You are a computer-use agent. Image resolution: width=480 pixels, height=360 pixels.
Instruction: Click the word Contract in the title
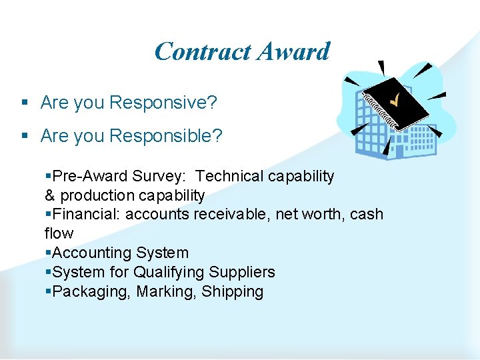202,51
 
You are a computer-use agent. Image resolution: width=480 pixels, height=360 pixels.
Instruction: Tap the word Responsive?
163,103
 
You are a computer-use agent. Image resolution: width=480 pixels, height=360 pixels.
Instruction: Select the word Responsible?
166,136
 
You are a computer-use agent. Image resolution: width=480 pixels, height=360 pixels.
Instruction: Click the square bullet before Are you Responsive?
24,103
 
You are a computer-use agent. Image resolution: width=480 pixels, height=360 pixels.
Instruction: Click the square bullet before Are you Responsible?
24,137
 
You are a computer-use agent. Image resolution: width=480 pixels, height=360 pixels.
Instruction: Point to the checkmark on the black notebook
395,101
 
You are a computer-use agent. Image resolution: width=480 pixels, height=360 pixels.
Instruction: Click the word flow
59,233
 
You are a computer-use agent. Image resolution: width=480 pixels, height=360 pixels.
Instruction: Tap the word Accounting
91,253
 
